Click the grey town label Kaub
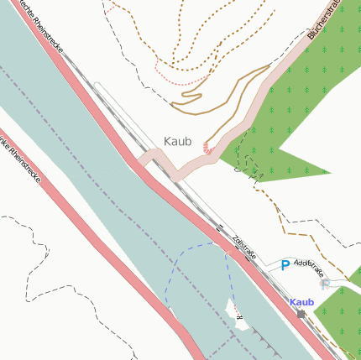[178, 141]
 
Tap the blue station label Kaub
[301, 302]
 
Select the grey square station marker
[301, 314]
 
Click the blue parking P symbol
[285, 265]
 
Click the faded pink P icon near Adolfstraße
[326, 284]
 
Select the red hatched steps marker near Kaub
[209, 151]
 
